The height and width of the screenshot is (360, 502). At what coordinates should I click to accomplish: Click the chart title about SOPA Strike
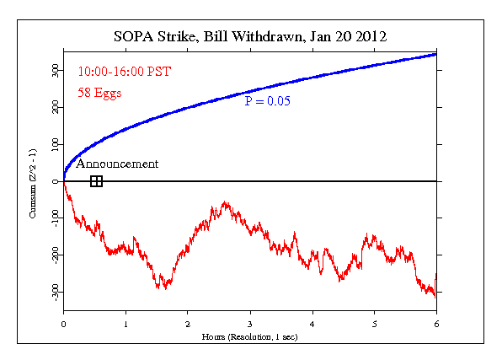tap(250, 37)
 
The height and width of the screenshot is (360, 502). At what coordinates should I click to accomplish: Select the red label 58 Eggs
tap(99, 93)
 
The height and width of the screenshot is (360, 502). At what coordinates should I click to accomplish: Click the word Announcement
tap(117, 164)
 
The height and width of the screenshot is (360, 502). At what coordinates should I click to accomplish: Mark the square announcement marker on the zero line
tap(96, 181)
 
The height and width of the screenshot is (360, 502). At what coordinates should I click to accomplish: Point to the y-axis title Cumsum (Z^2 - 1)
tap(32, 181)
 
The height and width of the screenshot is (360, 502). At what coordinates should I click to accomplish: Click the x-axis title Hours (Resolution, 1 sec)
tap(250, 336)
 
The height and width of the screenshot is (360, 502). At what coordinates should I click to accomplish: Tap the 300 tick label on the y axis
tap(54, 72)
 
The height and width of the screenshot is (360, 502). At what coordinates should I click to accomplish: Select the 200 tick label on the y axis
tap(54, 108)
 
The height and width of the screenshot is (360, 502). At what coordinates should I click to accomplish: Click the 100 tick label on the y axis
tap(54, 145)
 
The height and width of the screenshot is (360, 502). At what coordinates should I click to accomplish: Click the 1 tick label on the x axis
tap(125, 323)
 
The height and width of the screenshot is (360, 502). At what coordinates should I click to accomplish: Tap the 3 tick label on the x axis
tap(250, 323)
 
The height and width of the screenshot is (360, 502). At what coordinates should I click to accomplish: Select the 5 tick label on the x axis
tap(374, 323)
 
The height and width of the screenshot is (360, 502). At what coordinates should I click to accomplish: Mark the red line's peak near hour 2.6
tap(225, 202)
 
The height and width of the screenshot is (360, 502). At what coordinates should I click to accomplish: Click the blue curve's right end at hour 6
tap(435, 55)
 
